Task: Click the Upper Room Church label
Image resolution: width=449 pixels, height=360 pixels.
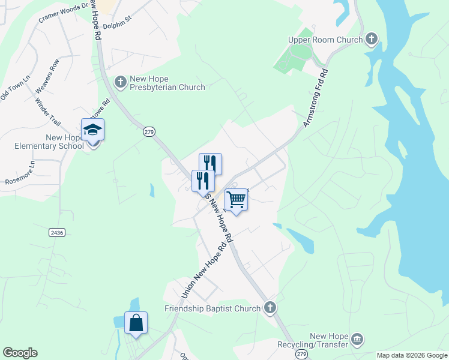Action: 325,40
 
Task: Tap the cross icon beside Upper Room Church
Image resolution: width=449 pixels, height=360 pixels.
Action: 372,40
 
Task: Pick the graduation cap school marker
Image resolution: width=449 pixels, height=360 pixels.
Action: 93,130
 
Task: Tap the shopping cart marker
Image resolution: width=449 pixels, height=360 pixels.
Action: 237,199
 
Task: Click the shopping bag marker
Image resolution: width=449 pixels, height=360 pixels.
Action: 136,323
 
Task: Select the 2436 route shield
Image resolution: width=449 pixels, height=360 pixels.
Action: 57,232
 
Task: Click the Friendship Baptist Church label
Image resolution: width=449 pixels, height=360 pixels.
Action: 213,308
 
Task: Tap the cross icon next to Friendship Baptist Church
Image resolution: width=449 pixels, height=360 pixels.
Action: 270,308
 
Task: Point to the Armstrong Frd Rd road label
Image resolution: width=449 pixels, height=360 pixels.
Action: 315,98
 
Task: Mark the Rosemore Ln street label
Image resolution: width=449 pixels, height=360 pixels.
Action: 20,172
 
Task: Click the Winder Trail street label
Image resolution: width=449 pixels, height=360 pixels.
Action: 49,112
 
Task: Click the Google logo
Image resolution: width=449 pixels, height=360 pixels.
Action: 20,353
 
